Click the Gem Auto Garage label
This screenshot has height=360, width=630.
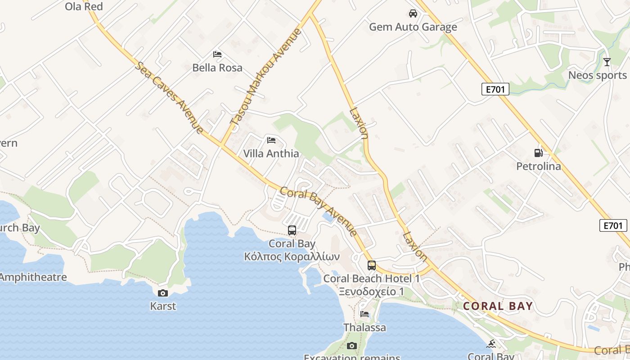[413, 27]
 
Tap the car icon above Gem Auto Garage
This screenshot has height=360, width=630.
[413, 13]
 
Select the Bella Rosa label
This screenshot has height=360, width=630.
[217, 68]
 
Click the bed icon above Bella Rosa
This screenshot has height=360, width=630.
[217, 54]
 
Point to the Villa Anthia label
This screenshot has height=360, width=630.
[271, 153]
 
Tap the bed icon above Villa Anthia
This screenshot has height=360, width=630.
[271, 140]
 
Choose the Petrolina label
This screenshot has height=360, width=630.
[538, 166]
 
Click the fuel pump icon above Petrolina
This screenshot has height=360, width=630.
[538, 153]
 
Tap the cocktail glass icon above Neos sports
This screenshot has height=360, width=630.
[607, 62]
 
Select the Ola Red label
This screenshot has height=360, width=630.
[84, 7]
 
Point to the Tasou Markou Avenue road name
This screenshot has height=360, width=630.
[266, 76]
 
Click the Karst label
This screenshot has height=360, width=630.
[163, 306]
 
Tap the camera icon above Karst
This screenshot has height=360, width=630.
[163, 293]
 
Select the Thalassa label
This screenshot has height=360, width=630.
[364, 328]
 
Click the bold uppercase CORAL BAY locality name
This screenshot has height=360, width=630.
[498, 306]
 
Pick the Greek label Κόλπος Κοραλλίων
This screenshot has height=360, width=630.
[292, 257]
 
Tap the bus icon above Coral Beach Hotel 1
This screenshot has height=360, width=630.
[371, 265]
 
